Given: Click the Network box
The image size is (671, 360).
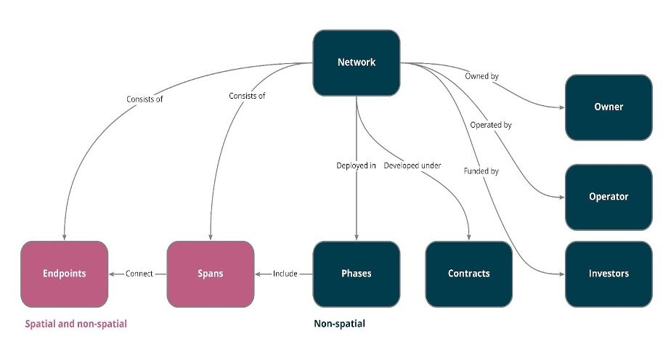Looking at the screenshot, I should point(357,62).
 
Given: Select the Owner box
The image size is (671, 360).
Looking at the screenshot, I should point(609,107).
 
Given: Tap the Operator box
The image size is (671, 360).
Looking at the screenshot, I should point(609,197).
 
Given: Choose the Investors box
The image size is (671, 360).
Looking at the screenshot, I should point(609,274).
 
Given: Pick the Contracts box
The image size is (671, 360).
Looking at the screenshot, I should point(468,274).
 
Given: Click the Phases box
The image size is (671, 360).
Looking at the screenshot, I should point(356,274).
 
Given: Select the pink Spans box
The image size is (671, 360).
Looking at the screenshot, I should point(211,274).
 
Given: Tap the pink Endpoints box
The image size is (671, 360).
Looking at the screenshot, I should point(65,274).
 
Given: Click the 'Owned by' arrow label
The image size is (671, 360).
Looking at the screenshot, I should point(481,75).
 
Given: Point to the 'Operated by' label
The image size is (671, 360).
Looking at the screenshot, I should point(490,125).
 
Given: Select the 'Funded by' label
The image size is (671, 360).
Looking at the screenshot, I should point(481,171).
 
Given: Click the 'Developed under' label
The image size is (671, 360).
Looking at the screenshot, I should point(412,165).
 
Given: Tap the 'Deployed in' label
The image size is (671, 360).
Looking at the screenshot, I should point(356,165).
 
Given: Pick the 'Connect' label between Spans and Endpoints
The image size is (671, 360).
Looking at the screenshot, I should point(139,274).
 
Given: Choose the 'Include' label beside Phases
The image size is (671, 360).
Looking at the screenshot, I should point(285,274).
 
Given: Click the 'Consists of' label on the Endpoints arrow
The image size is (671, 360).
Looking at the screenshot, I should point(145,99).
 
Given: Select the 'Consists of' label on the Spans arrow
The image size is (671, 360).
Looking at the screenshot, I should point(247,96).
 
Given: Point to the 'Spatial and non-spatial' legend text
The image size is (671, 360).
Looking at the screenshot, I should point(76,324).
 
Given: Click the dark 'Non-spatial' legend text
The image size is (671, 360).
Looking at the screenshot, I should point(339,324).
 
